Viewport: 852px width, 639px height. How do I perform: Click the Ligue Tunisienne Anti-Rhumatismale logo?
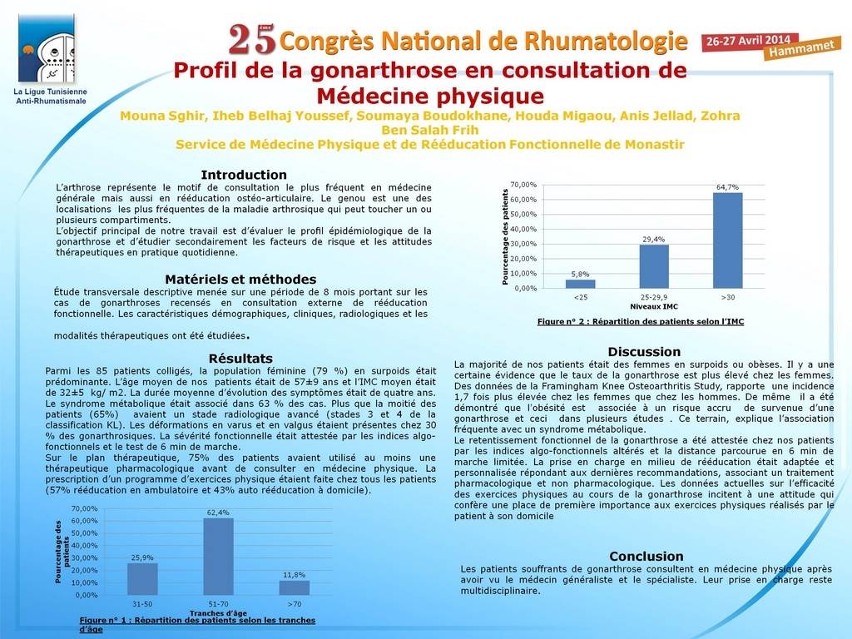(50, 50)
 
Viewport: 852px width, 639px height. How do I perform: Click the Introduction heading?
(244, 175)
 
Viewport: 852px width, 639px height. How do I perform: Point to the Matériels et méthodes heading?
(240, 279)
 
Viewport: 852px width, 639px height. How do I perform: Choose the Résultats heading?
(241, 358)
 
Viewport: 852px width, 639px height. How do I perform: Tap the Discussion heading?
(644, 352)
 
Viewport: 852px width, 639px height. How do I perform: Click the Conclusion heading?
(646, 556)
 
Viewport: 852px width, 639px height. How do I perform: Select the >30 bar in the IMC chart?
(727, 240)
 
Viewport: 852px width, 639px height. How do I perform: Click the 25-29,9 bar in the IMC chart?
(654, 266)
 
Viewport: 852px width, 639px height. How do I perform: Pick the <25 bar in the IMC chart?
(581, 284)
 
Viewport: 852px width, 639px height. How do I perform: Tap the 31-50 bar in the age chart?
(142, 579)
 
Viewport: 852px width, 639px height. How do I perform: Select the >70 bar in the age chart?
(295, 587)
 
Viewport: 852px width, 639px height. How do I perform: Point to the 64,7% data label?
(727, 187)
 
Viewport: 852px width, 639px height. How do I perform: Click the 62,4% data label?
(218, 513)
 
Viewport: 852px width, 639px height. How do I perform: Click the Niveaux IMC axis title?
(653, 306)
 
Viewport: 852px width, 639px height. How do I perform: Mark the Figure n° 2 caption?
(641, 321)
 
